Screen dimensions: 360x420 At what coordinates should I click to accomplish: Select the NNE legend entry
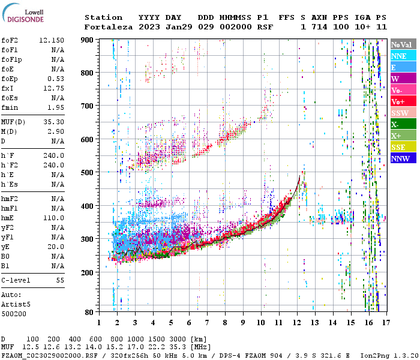tap(399, 56)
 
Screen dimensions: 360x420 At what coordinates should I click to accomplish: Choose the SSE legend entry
tap(399, 147)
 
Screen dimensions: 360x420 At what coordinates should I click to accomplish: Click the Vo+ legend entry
tap(399, 101)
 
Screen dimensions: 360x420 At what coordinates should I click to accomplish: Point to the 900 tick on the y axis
tap(88, 40)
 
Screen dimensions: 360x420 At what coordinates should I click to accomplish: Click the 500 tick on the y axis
tap(88, 172)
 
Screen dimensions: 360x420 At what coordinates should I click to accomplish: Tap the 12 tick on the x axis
tap(297, 322)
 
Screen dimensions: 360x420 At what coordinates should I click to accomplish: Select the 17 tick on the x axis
tap(387, 322)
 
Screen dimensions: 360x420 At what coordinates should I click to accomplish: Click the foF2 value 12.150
tap(52, 40)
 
